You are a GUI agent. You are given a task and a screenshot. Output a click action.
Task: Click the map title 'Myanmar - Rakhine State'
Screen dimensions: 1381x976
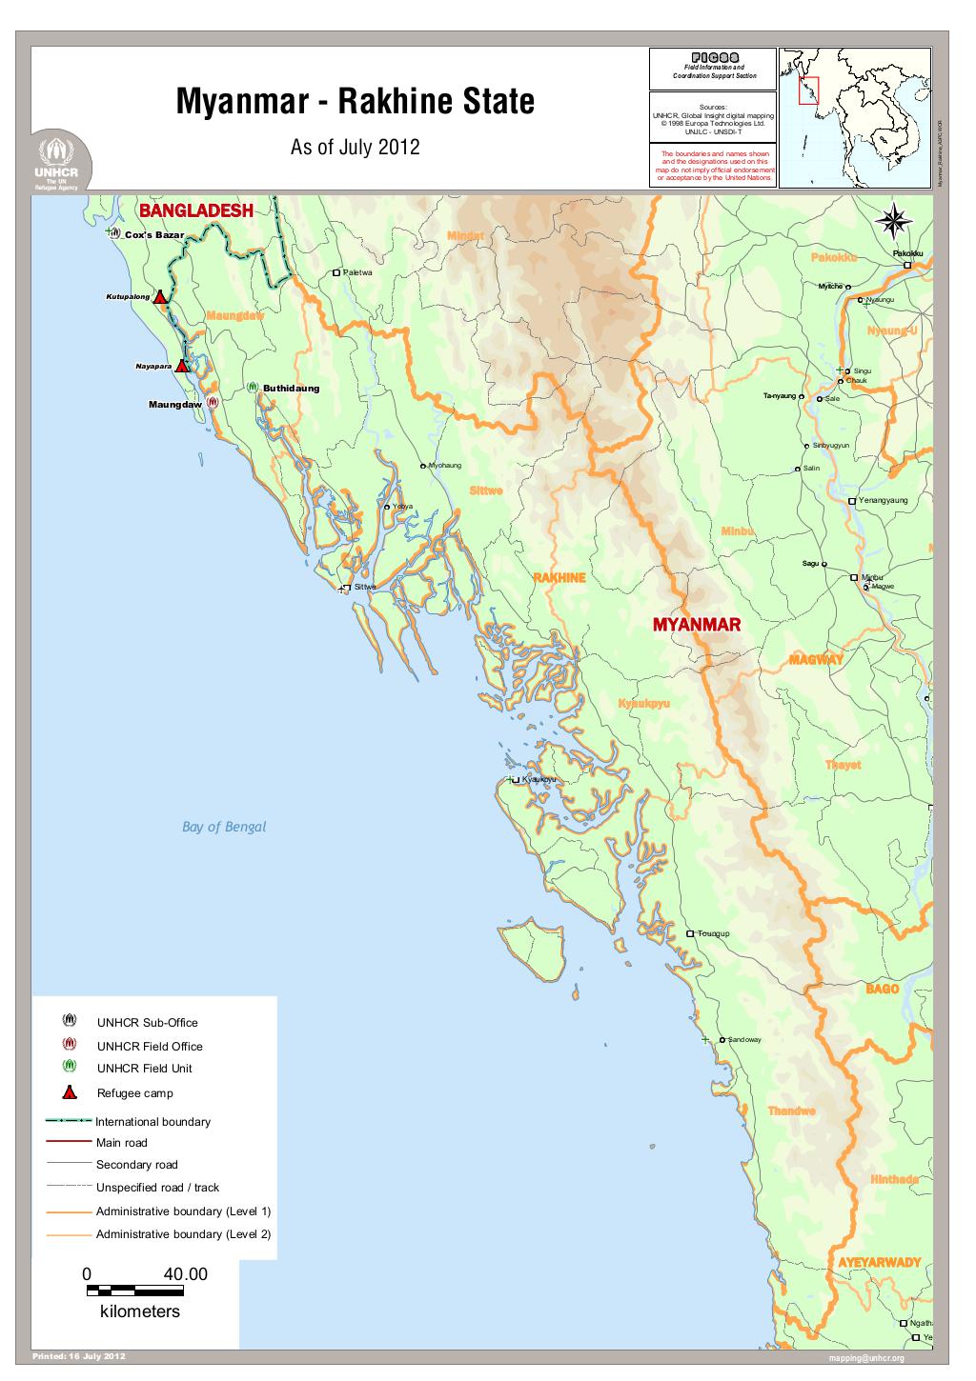click(x=355, y=102)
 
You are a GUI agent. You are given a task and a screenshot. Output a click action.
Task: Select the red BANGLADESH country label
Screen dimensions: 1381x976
click(x=196, y=210)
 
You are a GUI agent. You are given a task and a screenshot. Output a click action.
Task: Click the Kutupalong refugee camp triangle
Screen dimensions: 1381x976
click(x=161, y=297)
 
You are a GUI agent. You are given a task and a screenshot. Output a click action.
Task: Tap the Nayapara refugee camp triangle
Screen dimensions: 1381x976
click(x=182, y=366)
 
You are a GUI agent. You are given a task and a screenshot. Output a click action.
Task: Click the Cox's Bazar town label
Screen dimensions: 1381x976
click(x=153, y=234)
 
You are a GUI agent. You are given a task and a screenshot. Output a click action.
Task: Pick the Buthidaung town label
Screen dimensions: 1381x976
click(x=291, y=389)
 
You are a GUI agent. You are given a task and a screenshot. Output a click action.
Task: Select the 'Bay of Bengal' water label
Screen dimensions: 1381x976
click(x=224, y=827)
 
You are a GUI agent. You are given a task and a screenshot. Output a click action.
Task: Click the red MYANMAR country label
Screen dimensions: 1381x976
click(x=696, y=625)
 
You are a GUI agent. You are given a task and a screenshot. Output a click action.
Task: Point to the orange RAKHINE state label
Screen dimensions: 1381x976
click(x=559, y=578)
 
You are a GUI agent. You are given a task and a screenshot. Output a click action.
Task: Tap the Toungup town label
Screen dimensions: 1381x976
click(x=713, y=933)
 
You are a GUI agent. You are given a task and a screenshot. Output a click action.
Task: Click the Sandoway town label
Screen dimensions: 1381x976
click(x=744, y=1039)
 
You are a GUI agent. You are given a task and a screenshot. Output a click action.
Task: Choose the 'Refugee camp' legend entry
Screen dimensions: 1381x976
click(x=134, y=1093)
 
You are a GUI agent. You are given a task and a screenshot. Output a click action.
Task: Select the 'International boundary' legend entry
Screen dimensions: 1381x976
click(x=152, y=1122)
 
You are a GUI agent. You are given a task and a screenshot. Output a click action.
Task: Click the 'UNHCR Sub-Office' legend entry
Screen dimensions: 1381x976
click(x=147, y=1023)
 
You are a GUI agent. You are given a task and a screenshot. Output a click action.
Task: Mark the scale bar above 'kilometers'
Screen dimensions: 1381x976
click(x=134, y=1291)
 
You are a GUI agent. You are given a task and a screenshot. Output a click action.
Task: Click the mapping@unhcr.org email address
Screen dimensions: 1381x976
click(x=865, y=1358)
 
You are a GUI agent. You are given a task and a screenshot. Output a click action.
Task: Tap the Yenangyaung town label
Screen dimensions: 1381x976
click(x=883, y=500)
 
